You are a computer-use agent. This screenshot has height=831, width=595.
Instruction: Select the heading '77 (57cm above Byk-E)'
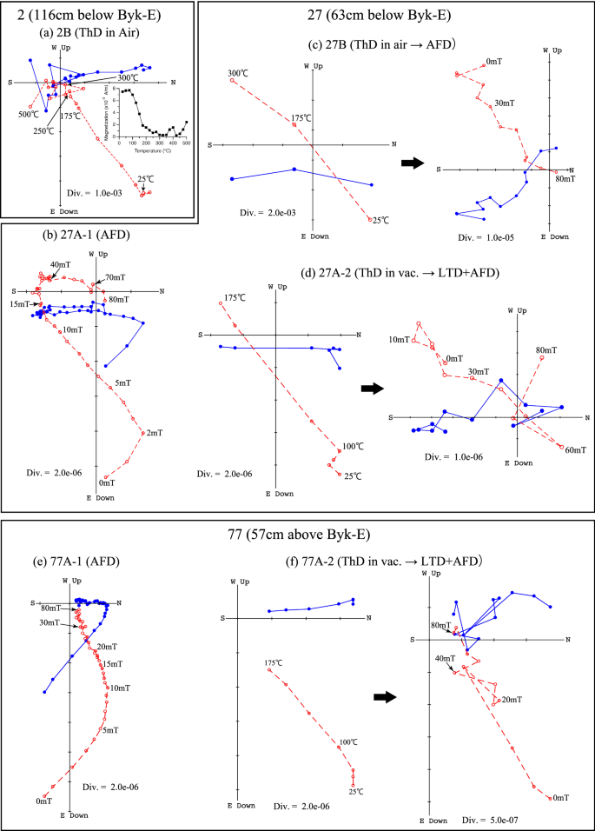pyautogui.click(x=296, y=535)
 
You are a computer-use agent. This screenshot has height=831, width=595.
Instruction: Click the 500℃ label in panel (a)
pyautogui.click(x=29, y=114)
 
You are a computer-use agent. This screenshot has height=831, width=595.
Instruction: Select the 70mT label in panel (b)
pyautogui.click(x=115, y=278)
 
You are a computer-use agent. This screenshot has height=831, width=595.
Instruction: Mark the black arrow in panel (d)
pyautogui.click(x=373, y=390)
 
